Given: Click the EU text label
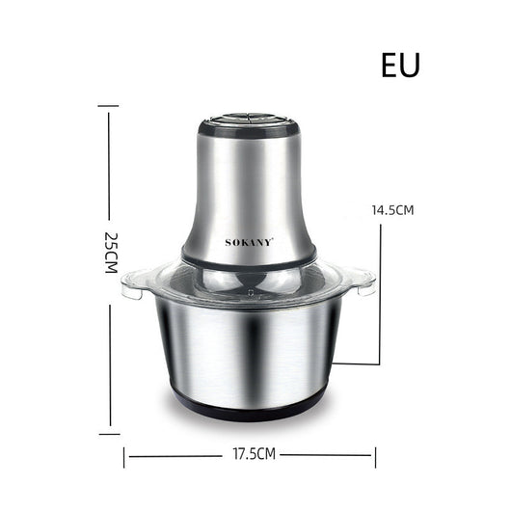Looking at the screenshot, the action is point(400,66).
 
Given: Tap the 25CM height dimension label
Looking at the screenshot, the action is point(111,253).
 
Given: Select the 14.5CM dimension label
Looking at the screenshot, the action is point(392,210).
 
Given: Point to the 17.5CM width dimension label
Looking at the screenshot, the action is point(255,454).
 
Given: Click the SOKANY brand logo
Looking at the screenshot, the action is point(250,242).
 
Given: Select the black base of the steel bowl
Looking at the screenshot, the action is point(250,409).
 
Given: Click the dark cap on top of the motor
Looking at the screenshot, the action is point(250,125).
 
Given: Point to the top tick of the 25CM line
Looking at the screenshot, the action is point(108,106).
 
